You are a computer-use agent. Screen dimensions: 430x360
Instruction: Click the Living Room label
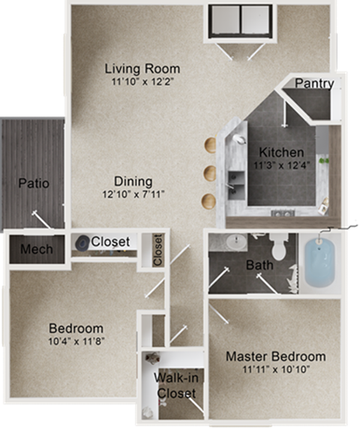(142, 69)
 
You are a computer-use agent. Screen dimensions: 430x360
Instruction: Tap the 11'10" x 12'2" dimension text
(142, 82)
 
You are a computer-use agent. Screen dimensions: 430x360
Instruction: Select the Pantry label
(314, 84)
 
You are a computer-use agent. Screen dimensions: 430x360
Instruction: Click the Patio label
(33, 183)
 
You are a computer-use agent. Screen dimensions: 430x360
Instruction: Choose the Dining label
(133, 181)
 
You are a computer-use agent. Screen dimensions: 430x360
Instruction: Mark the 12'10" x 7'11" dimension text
(133, 195)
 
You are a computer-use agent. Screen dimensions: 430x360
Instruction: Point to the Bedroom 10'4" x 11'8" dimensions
(76, 342)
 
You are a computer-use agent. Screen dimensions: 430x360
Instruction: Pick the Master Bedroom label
(276, 356)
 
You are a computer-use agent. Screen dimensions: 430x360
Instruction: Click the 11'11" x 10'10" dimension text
(276, 370)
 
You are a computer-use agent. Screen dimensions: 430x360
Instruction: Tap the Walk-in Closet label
(175, 386)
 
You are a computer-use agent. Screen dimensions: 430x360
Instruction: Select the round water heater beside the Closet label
(83, 242)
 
